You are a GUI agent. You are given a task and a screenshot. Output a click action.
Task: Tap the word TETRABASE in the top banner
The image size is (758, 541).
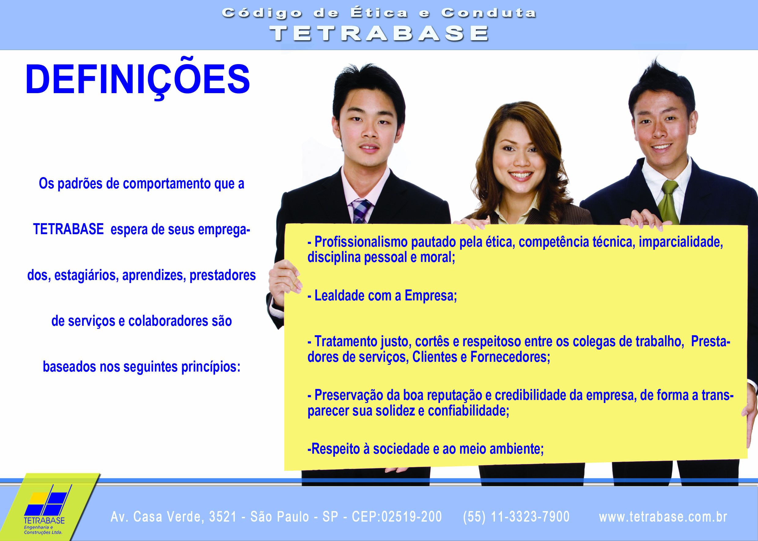(x=379, y=34)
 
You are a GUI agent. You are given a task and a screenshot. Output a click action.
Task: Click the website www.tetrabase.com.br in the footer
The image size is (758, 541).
(x=663, y=517)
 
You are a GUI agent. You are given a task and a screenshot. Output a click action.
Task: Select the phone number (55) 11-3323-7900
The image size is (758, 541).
(x=516, y=517)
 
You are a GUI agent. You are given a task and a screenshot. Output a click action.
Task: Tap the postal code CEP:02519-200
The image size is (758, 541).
(x=397, y=517)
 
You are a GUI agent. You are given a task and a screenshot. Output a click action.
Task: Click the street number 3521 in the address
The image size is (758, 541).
(x=223, y=517)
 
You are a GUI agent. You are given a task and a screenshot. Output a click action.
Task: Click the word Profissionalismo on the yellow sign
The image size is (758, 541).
(x=361, y=242)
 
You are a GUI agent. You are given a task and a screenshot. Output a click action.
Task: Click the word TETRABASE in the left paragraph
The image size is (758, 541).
(x=68, y=229)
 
